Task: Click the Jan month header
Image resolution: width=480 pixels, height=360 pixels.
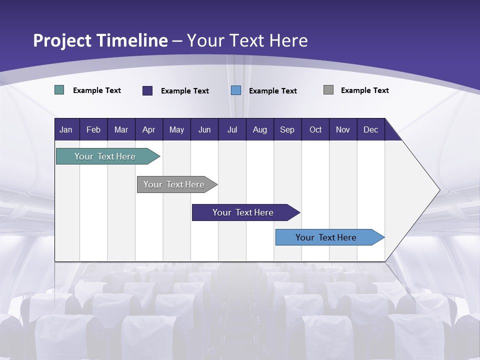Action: (x=66, y=129)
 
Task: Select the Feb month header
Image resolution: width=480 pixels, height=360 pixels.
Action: (x=93, y=129)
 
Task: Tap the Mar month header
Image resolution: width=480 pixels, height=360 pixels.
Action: (x=121, y=129)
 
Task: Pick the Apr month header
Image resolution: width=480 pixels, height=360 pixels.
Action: (x=149, y=129)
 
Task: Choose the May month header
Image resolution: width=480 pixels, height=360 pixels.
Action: (x=176, y=129)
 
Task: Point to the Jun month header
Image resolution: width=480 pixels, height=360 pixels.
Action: (x=204, y=129)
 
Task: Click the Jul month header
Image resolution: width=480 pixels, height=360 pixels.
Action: (x=232, y=129)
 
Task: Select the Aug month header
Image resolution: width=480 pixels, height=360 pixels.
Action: (x=260, y=129)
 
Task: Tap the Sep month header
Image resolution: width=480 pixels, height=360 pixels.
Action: (x=287, y=129)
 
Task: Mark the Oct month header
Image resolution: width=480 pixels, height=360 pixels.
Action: (x=315, y=129)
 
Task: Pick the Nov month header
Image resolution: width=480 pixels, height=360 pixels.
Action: (x=343, y=129)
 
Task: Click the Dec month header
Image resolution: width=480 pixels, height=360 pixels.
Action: (x=371, y=129)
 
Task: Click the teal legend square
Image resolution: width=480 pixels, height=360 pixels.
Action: (x=59, y=90)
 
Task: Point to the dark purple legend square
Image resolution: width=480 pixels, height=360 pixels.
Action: (x=147, y=90)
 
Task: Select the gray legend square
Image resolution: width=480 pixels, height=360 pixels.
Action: (x=328, y=90)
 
